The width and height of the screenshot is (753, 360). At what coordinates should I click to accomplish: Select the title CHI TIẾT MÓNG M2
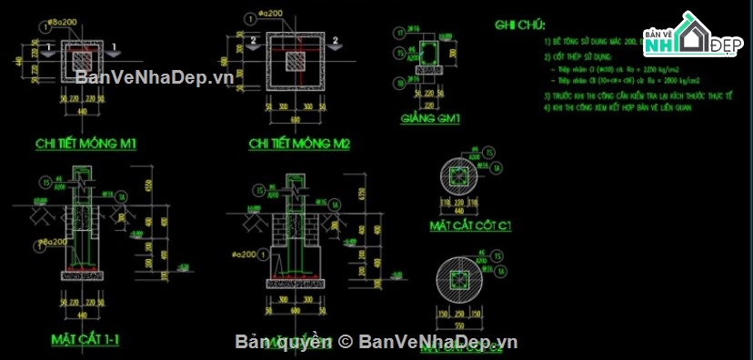[x=299, y=144]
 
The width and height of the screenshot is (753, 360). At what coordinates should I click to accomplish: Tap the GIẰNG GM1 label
[x=430, y=119]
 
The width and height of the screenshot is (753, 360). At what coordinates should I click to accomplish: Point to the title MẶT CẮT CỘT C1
[x=470, y=225]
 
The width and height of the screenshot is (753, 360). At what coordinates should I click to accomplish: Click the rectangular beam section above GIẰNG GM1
[x=426, y=56]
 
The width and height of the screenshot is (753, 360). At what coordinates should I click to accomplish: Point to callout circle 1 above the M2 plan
[x=249, y=16]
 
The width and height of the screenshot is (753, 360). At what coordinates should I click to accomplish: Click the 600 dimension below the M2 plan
[x=296, y=116]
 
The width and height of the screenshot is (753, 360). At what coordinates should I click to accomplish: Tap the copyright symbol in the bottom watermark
[x=346, y=342]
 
